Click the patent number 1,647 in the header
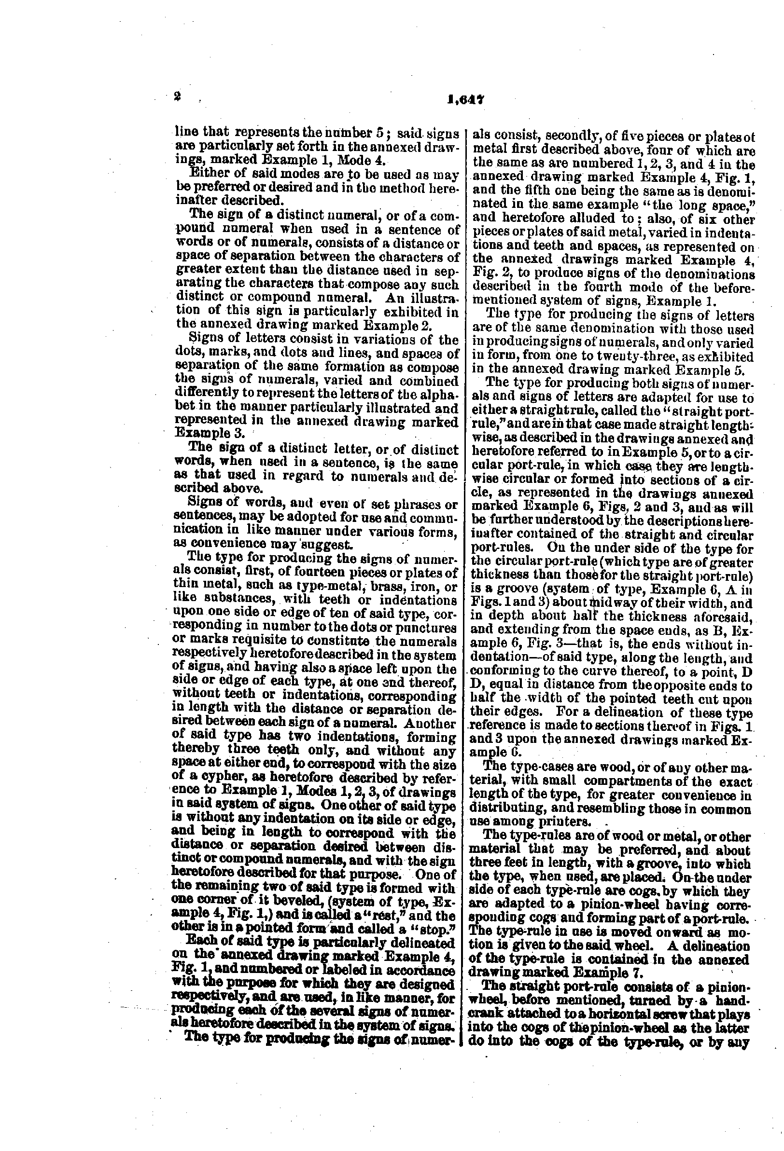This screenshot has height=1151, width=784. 465,99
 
